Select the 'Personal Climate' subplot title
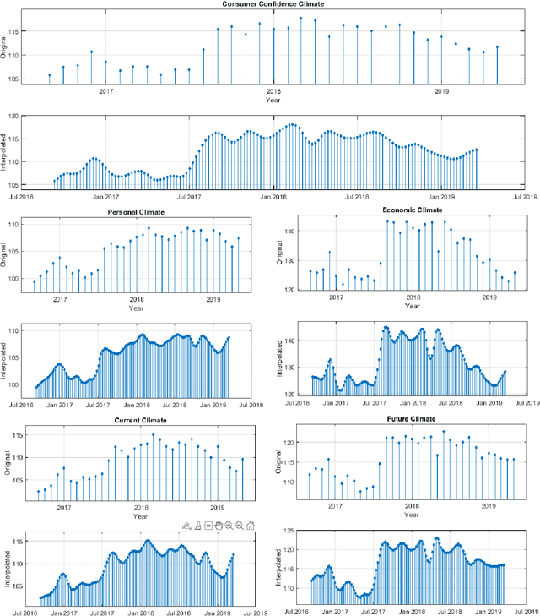tap(135, 211)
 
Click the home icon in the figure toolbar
tap(251, 526)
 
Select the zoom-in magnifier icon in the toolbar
tap(229, 526)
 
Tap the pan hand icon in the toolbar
tap(218, 526)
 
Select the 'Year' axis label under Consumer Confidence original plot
tap(273, 100)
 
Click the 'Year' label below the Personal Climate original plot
tap(137, 308)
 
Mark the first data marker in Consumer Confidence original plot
tap(49, 75)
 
